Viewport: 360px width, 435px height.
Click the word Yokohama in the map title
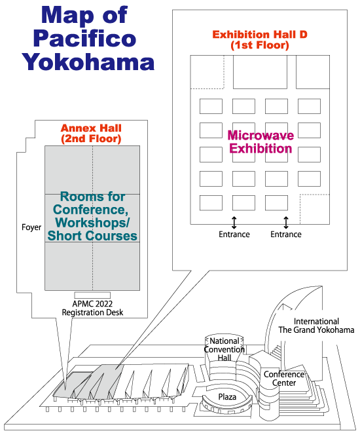[x=88, y=62]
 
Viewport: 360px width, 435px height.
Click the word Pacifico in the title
[x=84, y=39]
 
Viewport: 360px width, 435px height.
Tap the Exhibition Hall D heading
[x=260, y=40]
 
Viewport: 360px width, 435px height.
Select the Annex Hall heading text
[x=91, y=134]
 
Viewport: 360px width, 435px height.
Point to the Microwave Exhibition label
[x=261, y=142]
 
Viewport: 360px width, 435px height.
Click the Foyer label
[x=31, y=227]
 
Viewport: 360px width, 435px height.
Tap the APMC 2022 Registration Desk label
[x=92, y=308]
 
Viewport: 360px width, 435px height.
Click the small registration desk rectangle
[x=92, y=295]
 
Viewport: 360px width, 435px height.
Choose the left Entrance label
[x=234, y=235]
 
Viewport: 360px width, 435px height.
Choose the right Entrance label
[x=286, y=235]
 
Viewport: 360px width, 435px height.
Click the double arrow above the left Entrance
[x=234, y=223]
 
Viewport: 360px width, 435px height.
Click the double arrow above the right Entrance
[x=286, y=223]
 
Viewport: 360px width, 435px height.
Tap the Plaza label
[x=227, y=397]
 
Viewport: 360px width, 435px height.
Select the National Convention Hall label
[x=225, y=349]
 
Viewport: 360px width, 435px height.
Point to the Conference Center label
[x=284, y=379]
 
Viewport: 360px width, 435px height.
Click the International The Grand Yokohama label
[x=316, y=326]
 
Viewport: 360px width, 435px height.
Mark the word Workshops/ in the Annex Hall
[x=92, y=223]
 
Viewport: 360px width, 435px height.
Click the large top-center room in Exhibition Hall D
[x=260, y=72]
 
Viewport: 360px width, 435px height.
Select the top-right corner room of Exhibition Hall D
[x=313, y=72]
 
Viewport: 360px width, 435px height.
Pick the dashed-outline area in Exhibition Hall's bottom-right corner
[x=315, y=209]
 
